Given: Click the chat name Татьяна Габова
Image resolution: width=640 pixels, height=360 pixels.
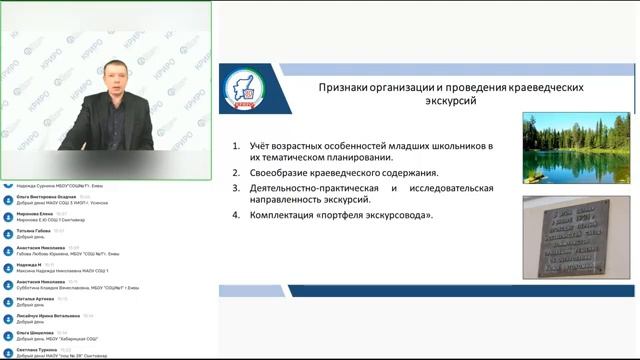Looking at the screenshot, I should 33,231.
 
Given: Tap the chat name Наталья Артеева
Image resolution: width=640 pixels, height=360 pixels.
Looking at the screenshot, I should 34,299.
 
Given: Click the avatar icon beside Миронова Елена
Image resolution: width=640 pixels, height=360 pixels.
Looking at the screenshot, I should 8,215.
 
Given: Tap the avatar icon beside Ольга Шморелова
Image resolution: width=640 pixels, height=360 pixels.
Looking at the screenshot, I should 8,334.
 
